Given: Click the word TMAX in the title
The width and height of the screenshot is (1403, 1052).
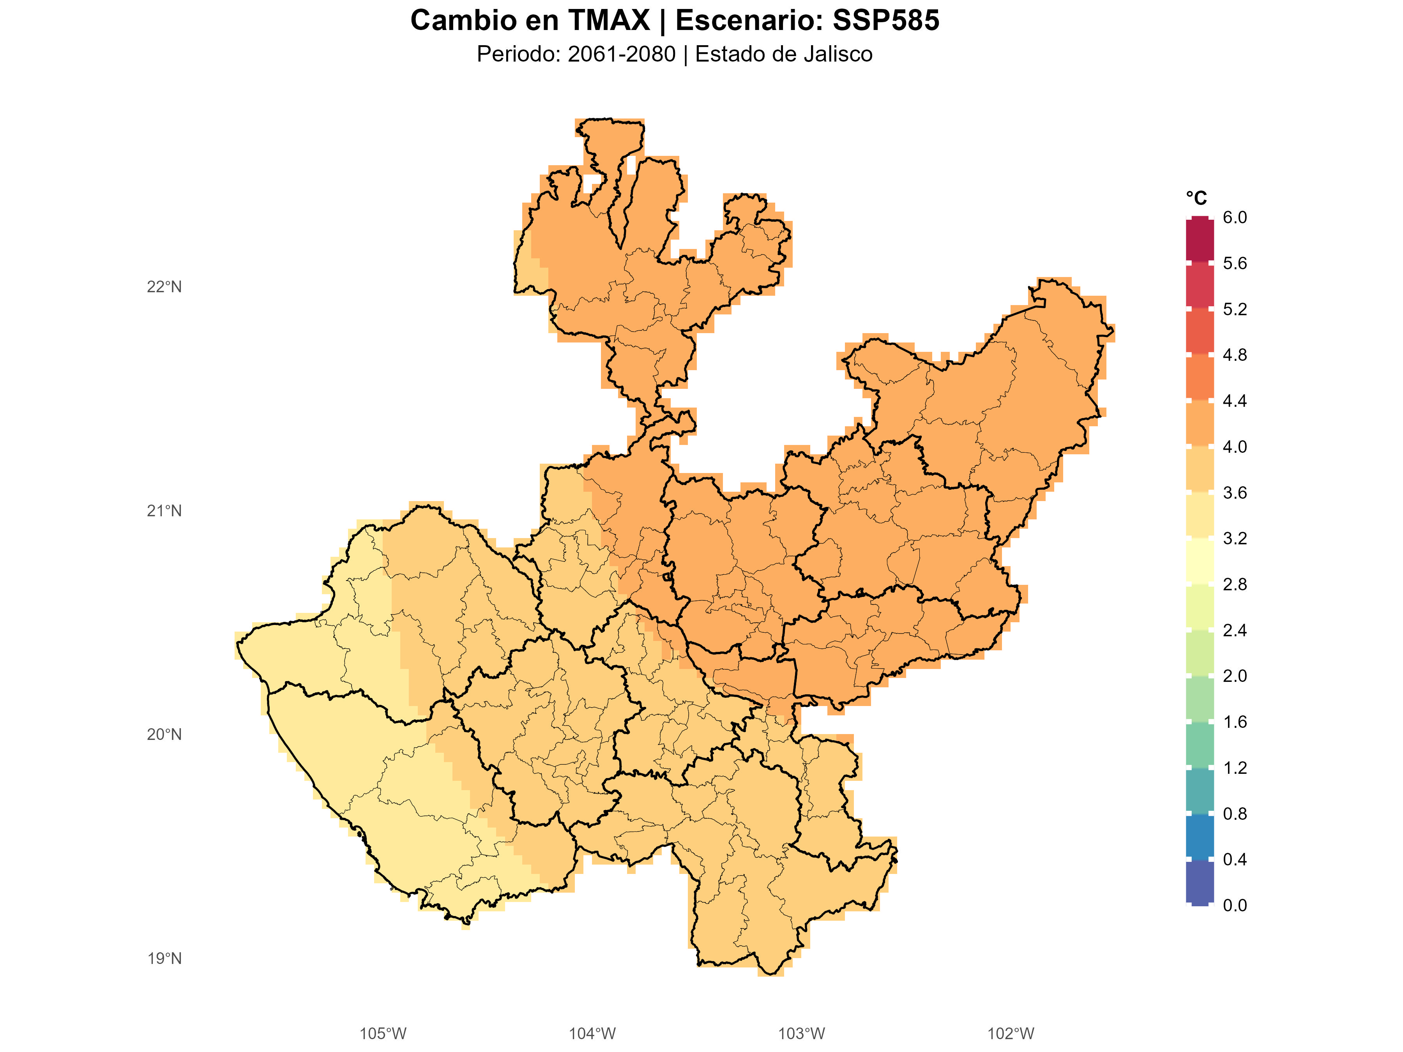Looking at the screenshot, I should point(609,20).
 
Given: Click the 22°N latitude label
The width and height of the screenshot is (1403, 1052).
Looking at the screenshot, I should point(164,287).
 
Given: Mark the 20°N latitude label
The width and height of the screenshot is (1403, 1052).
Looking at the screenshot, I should point(164,735).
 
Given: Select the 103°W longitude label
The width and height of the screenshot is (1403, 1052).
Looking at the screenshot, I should point(801,1034).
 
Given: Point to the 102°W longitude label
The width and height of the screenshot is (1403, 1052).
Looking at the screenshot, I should point(1011,1034).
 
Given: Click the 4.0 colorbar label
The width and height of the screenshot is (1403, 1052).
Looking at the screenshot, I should point(1234,447).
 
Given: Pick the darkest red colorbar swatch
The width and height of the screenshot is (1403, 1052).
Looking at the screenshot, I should point(1200,240).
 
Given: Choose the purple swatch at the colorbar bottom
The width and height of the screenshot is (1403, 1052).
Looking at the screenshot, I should point(1200,882).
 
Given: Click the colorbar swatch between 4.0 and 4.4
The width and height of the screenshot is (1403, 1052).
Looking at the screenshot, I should point(1200,424).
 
